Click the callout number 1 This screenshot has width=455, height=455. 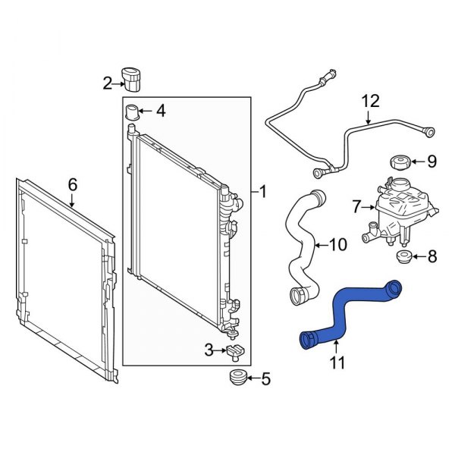pyautogui.click(x=262, y=193)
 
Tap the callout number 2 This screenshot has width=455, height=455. pyautogui.click(x=108, y=83)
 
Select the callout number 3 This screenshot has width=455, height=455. pyautogui.click(x=209, y=350)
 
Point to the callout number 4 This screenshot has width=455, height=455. pyautogui.click(x=160, y=111)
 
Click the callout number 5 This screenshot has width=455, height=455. pyautogui.click(x=265, y=377)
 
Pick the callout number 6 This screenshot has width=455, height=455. pyautogui.click(x=73, y=184)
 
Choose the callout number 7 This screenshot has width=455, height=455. pyautogui.click(x=356, y=205)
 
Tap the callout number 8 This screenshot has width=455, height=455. pyautogui.click(x=432, y=257)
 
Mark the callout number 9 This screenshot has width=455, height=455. pyautogui.click(x=432, y=161)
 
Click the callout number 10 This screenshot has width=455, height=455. pyautogui.click(x=339, y=245)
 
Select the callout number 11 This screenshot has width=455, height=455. pyautogui.click(x=335, y=363)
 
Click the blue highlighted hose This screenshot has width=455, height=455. pyautogui.click(x=345, y=311)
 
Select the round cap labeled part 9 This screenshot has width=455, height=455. pyautogui.click(x=399, y=162)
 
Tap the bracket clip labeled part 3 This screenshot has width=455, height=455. pyautogui.click(x=234, y=350)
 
